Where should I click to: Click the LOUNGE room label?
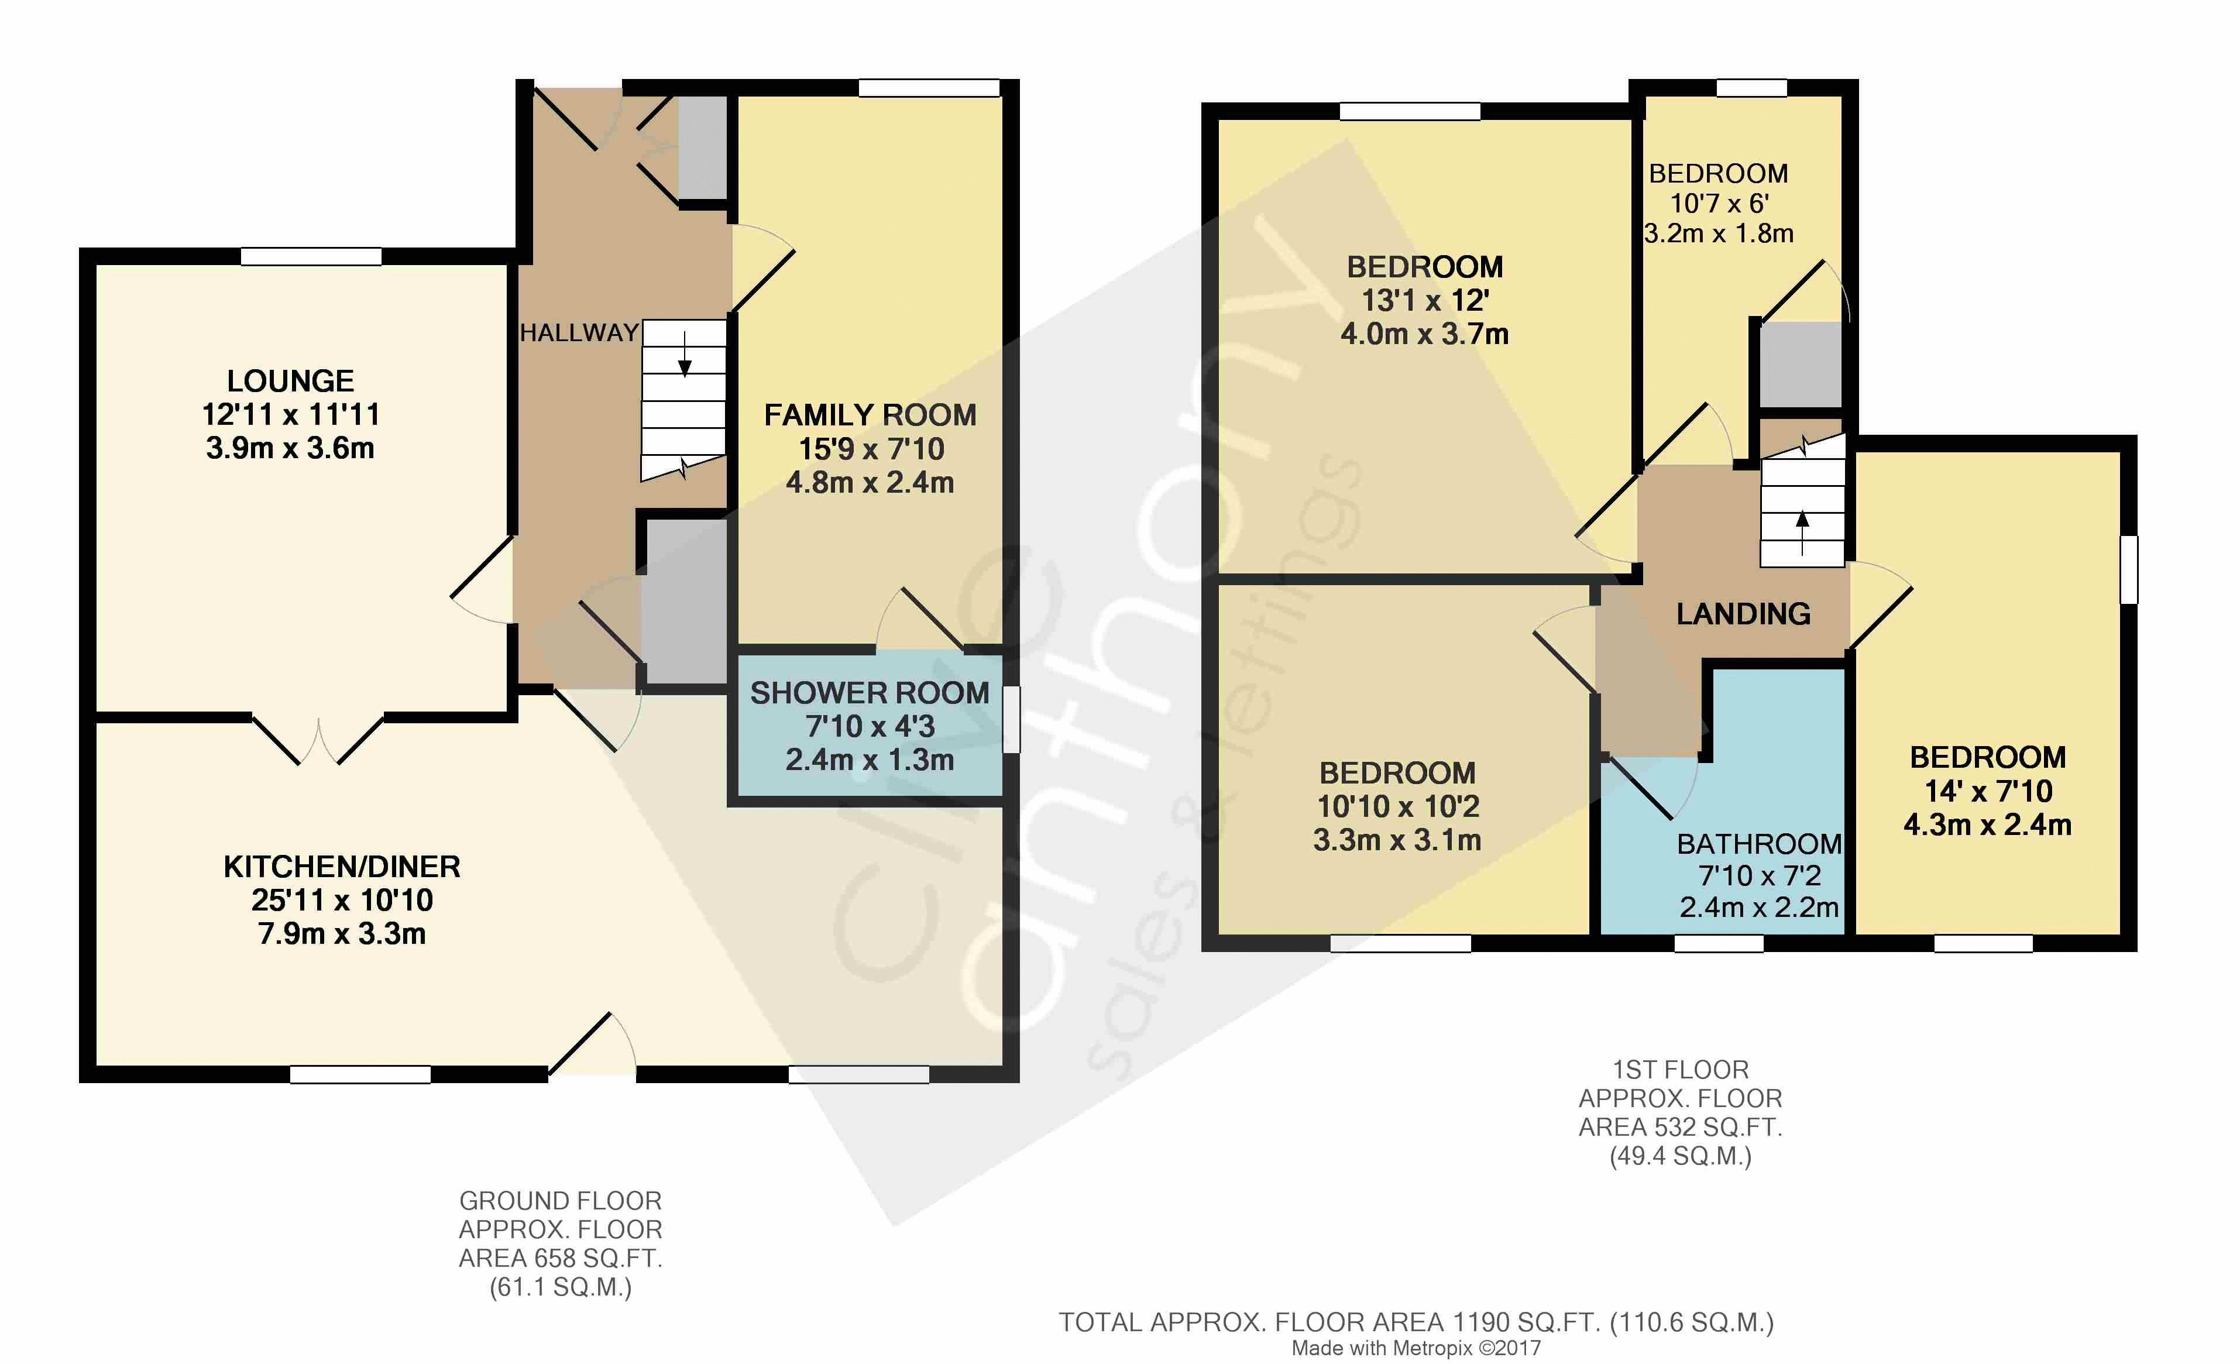pyautogui.click(x=290, y=381)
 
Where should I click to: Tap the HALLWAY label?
pyautogui.click(x=579, y=333)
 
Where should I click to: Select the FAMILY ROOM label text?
pyautogui.click(x=870, y=415)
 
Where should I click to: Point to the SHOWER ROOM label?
pyautogui.click(x=869, y=693)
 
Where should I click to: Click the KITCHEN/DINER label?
pyautogui.click(x=342, y=867)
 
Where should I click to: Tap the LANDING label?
pyautogui.click(x=1743, y=614)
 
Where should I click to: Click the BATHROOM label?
pyautogui.click(x=1759, y=844)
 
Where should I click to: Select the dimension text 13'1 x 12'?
pyautogui.click(x=1424, y=300)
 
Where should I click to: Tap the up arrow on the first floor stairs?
pyautogui.click(x=1802, y=533)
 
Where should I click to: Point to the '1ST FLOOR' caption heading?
pyautogui.click(x=1680, y=1070)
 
